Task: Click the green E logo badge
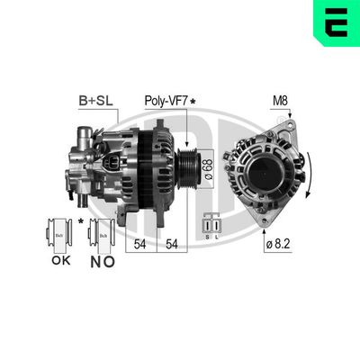pos(336,22)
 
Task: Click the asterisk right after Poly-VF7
pos(193,103)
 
